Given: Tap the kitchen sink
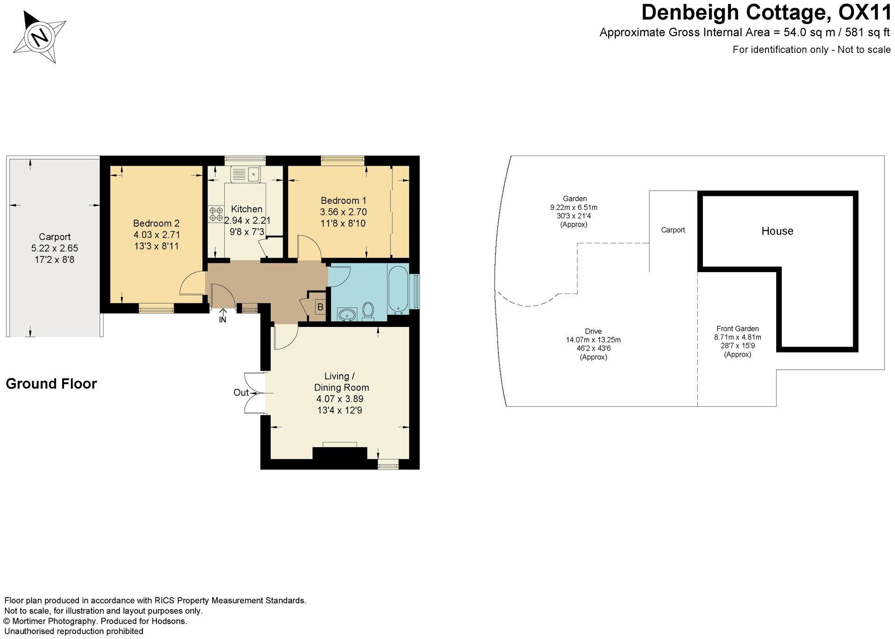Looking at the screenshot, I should pyautogui.click(x=246, y=175).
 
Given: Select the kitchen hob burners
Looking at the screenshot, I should pyautogui.click(x=215, y=213).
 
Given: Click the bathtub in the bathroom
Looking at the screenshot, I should pyautogui.click(x=397, y=289).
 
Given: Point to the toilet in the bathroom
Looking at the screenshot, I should pyautogui.click(x=368, y=311).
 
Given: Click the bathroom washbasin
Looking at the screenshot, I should pyautogui.click(x=346, y=315).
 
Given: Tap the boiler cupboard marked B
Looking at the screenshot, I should pyautogui.click(x=320, y=307).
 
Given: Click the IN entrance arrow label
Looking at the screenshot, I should pyautogui.click(x=222, y=319).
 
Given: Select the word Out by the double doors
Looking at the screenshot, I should pyautogui.click(x=241, y=393).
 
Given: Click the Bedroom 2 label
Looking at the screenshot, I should pyautogui.click(x=156, y=223).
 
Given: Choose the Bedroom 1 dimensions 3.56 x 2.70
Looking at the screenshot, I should pyautogui.click(x=343, y=212).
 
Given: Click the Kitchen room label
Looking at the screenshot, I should pyautogui.click(x=246, y=209).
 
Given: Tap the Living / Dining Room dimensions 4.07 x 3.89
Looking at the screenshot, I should pyautogui.click(x=340, y=399).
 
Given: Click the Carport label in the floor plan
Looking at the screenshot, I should pyautogui.click(x=54, y=237).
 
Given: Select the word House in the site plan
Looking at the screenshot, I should pyautogui.click(x=777, y=231).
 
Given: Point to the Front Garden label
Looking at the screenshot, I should pyautogui.click(x=737, y=329).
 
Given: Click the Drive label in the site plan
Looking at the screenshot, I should pyautogui.click(x=593, y=331).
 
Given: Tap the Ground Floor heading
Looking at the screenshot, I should pyautogui.click(x=51, y=384).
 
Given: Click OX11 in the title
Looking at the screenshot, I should pyautogui.click(x=864, y=13).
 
